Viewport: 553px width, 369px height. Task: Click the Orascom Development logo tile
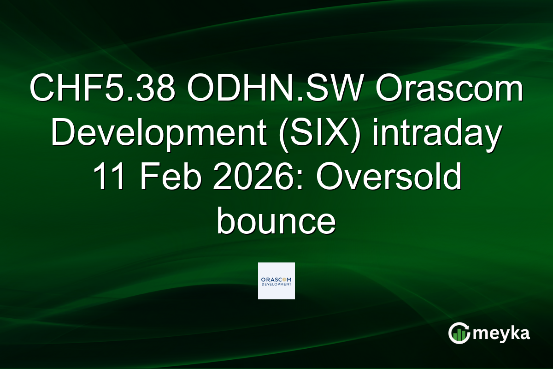pyautogui.click(x=276, y=280)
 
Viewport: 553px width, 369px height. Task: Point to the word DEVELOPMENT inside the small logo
pyautogui.click(x=276, y=285)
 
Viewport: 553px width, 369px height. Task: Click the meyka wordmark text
pyautogui.click(x=501, y=333)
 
